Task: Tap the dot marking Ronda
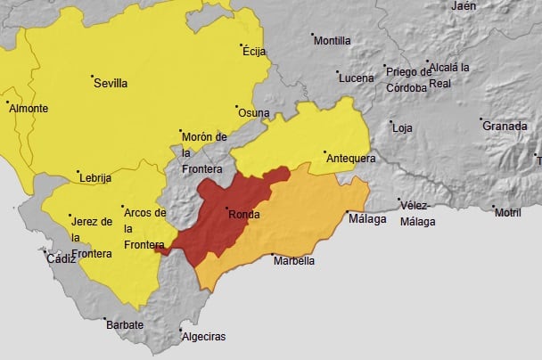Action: pyautogui.click(x=226, y=207)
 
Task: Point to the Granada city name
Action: pyautogui.click(x=505, y=127)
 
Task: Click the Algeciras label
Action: pyautogui.click(x=203, y=337)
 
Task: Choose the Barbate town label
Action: pyautogui.click(x=125, y=325)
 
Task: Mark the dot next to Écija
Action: pyautogui.click(x=241, y=45)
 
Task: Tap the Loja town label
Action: pyautogui.click(x=403, y=128)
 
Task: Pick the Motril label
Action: pyautogui.click(x=507, y=213)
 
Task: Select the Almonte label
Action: pyautogui.click(x=30, y=109)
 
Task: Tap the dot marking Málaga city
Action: pyautogui.click(x=347, y=212)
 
